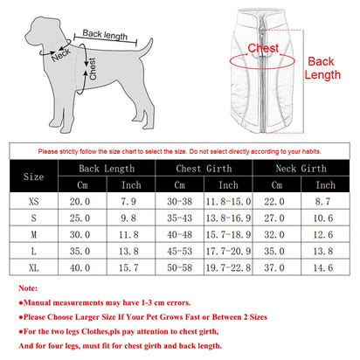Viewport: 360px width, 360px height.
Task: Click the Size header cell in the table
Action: click(32, 176)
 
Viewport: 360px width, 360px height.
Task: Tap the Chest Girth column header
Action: click(202, 168)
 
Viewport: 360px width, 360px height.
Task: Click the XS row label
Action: click(32, 201)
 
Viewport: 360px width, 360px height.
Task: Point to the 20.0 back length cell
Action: click(80, 201)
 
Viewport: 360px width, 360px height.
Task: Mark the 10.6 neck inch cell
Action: click(324, 218)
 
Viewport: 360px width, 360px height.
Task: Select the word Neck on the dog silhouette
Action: click(60, 57)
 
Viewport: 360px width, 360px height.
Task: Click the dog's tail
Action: click(144, 45)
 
